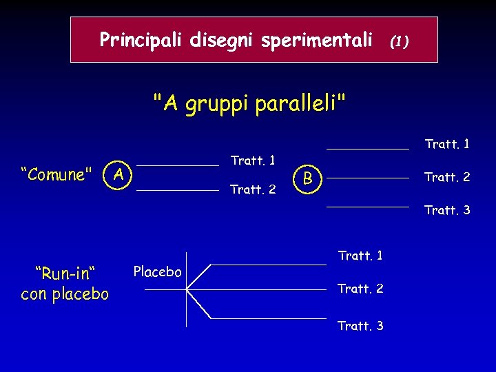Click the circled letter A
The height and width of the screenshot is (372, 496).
point(119,175)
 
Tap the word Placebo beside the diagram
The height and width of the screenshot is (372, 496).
point(158,272)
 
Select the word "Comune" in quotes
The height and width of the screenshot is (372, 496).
point(57,175)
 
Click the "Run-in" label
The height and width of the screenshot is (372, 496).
point(65,273)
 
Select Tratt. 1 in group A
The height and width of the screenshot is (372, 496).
point(253,161)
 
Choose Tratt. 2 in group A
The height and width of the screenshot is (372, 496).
point(253,189)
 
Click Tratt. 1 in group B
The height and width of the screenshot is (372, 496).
point(447,144)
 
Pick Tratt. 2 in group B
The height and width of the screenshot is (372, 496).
point(447,177)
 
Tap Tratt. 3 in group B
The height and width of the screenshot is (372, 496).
point(447,210)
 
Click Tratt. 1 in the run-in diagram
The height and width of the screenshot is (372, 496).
point(360,256)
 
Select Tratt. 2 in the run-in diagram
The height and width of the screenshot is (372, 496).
point(360,289)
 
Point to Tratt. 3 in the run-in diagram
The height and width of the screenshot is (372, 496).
point(360,326)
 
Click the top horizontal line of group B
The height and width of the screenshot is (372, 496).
point(367,149)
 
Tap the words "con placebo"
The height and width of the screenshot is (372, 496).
point(65,294)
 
